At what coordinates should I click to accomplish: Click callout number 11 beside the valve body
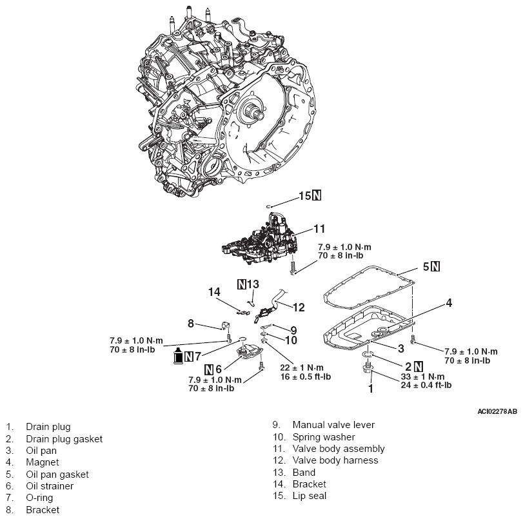click(x=319, y=228)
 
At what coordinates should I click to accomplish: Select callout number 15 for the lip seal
click(x=303, y=196)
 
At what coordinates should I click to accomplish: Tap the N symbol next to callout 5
click(x=436, y=266)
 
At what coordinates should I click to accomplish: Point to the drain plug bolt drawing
click(x=368, y=369)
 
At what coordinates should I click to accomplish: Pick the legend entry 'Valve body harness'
click(x=335, y=460)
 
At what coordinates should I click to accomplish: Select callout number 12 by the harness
click(x=298, y=307)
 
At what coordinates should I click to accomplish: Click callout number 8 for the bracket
click(x=191, y=322)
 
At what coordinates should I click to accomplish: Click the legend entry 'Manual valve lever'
click(x=333, y=425)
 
